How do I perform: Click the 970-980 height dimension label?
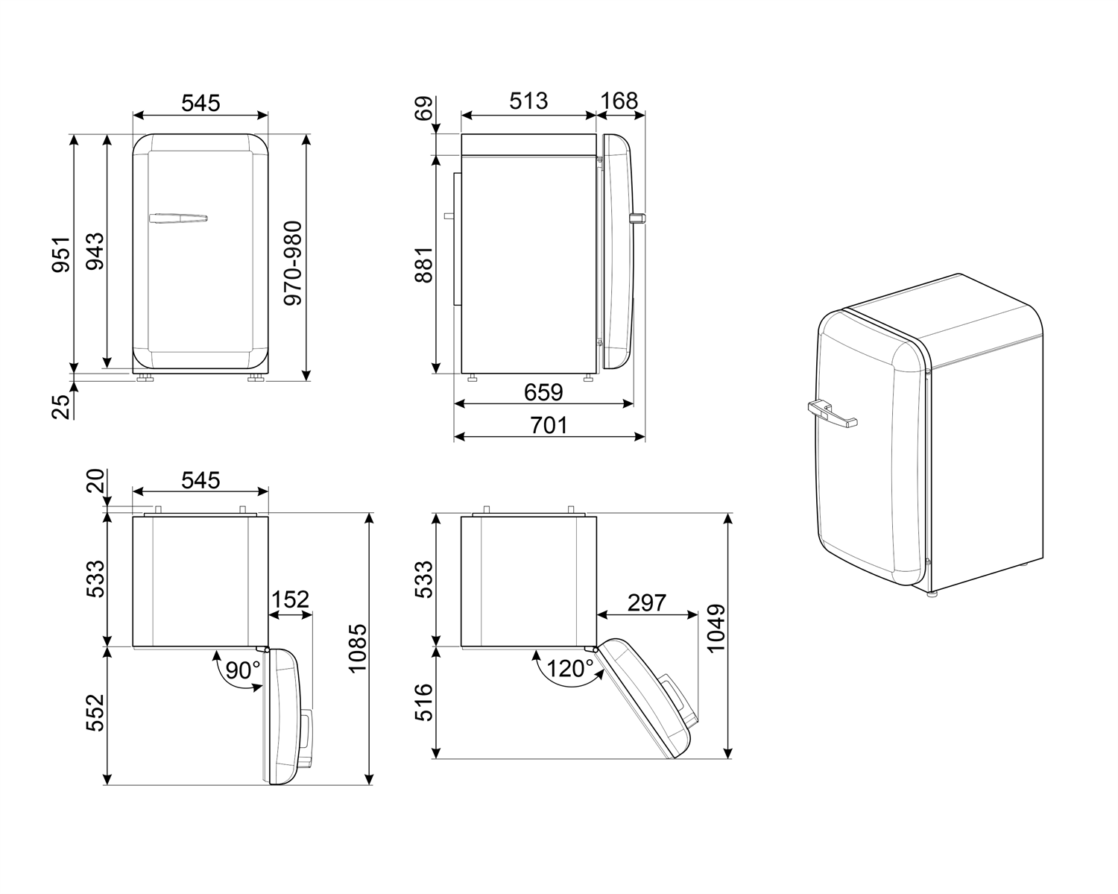pyautogui.click(x=294, y=262)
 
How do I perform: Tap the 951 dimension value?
pyautogui.click(x=60, y=254)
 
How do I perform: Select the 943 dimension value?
pyautogui.click(x=94, y=254)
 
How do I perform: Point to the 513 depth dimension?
pyautogui.click(x=528, y=101)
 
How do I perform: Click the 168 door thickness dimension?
pyautogui.click(x=620, y=101)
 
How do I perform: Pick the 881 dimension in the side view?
pyautogui.click(x=423, y=265)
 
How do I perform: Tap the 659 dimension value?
pyautogui.click(x=543, y=391)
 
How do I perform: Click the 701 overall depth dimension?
pyautogui.click(x=549, y=425)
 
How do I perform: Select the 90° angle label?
pyautogui.click(x=243, y=670)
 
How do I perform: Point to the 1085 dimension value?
pyautogui.click(x=358, y=648)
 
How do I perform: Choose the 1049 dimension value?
pyautogui.click(x=716, y=629)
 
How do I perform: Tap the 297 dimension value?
pyautogui.click(x=646, y=602)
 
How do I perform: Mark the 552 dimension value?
pyautogui.click(x=95, y=714)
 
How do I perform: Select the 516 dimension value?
pyautogui.click(x=423, y=702)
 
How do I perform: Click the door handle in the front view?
pyautogui.click(x=178, y=218)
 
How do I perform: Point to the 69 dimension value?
pyautogui.click(x=423, y=110)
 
